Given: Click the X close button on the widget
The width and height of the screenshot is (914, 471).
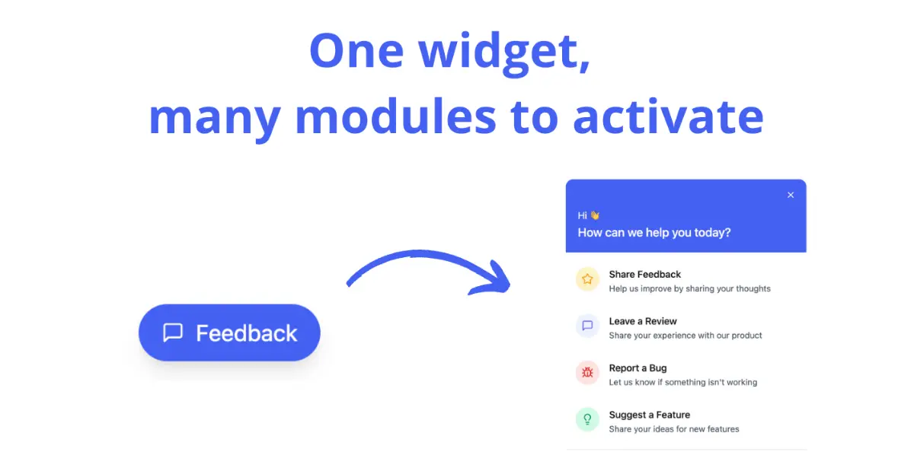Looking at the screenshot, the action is click(791, 195).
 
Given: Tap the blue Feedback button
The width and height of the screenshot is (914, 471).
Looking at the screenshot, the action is click(229, 333).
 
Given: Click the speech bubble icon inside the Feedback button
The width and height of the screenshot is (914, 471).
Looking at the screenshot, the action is click(173, 333).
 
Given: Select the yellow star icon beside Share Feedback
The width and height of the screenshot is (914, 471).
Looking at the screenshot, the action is click(587, 279).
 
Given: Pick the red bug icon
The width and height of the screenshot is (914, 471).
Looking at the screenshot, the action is click(587, 372).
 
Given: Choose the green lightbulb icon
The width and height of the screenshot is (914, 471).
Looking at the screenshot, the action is click(587, 419).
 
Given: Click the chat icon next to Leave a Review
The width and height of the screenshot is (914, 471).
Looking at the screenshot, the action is click(587, 326).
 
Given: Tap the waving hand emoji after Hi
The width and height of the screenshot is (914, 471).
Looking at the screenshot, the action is click(595, 215).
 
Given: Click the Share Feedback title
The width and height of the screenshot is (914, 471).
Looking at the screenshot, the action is click(644, 275).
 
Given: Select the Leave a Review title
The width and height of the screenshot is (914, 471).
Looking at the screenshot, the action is click(643, 321).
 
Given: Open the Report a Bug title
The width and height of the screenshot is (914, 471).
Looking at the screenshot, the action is click(638, 368).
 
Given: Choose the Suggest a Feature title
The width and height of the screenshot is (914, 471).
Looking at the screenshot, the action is click(650, 415).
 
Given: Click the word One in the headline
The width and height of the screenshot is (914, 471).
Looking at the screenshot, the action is click(356, 52).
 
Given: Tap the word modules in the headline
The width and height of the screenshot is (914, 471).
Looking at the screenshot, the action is click(395, 117).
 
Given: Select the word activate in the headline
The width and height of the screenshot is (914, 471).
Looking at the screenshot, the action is click(669, 117).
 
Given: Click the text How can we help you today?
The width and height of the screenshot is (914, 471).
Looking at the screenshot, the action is click(654, 232).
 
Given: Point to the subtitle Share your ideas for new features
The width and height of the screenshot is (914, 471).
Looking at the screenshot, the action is click(674, 429).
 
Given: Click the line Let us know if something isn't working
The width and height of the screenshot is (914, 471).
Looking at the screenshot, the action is click(683, 382).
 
